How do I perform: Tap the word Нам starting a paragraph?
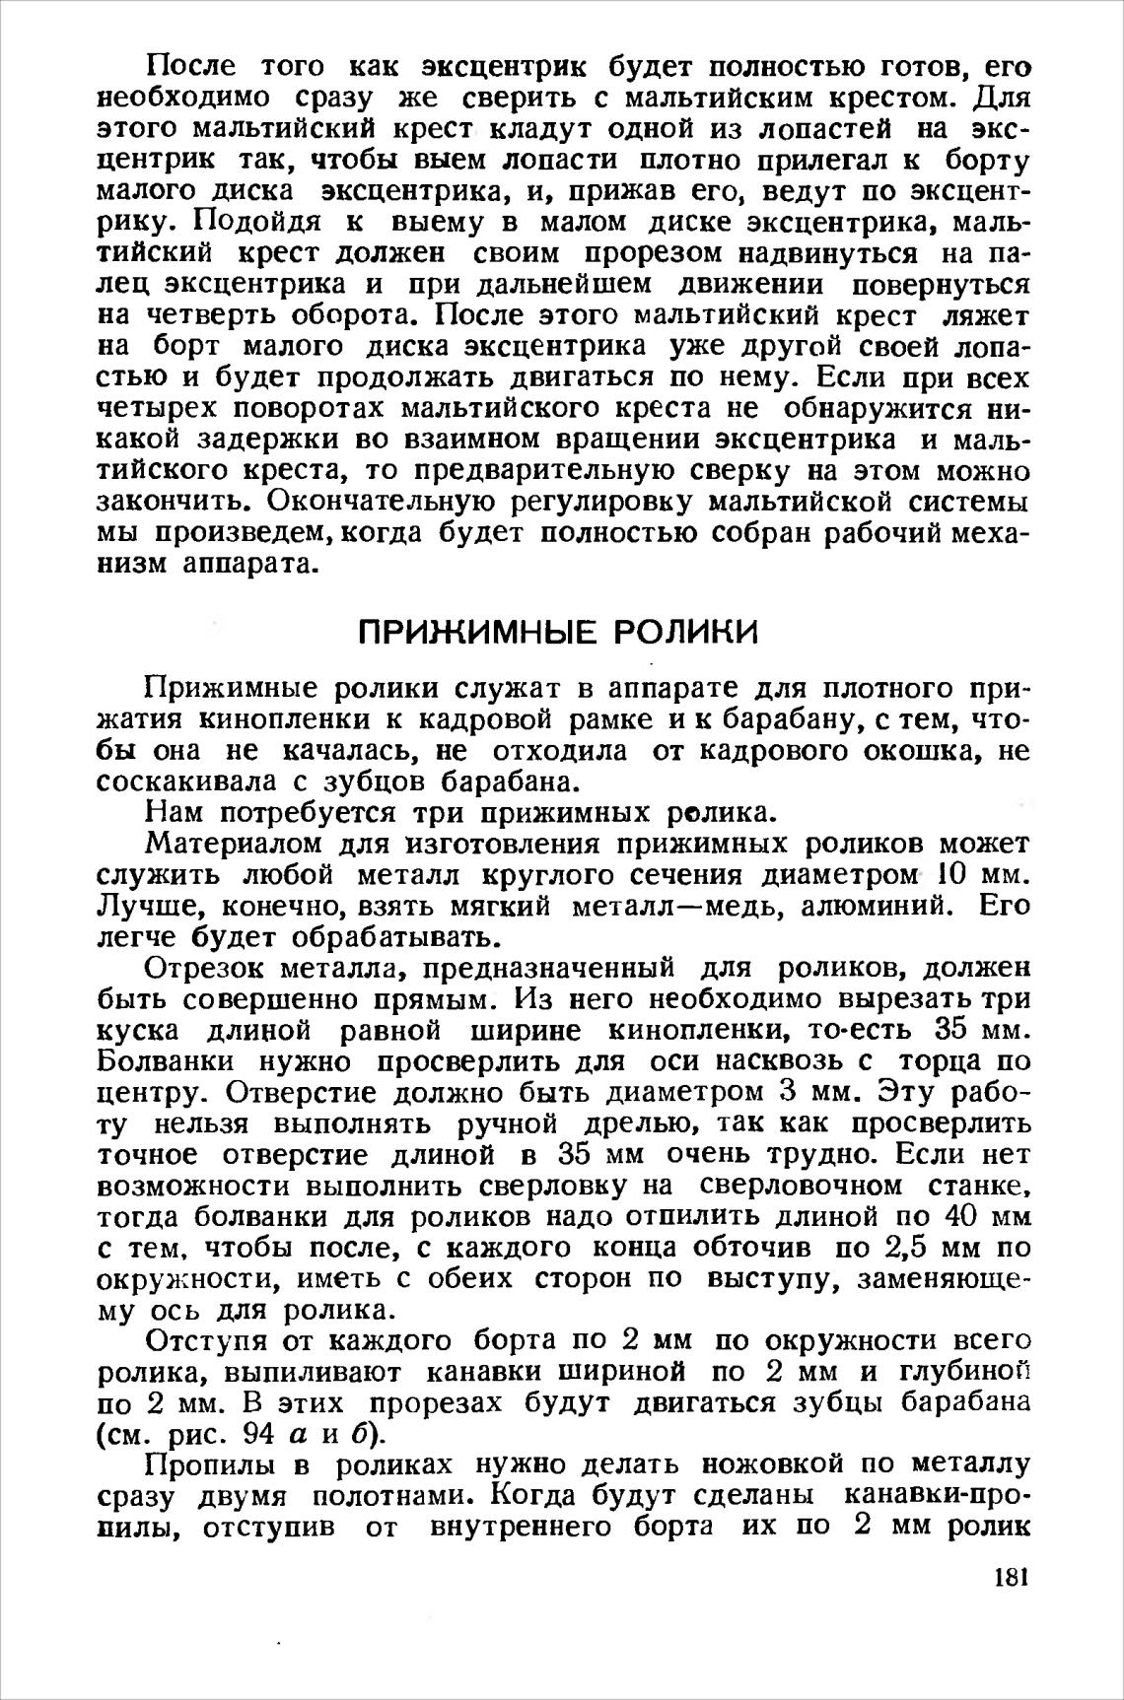pyautogui.click(x=174, y=813)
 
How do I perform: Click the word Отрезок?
pyautogui.click(x=205, y=969)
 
